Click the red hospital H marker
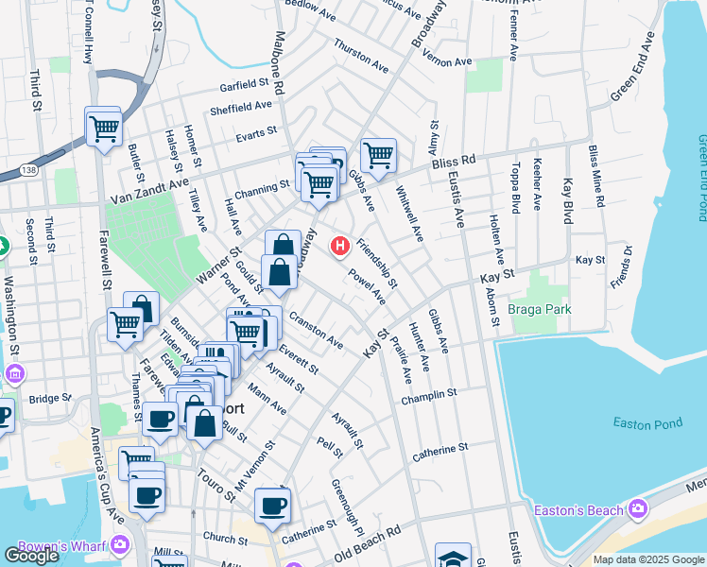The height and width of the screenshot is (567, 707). click(x=340, y=247)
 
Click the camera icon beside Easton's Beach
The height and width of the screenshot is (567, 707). click(x=638, y=511)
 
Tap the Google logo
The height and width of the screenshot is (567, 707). click(x=31, y=556)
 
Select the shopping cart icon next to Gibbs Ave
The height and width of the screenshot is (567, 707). click(x=378, y=154)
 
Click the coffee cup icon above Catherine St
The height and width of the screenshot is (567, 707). click(x=272, y=506)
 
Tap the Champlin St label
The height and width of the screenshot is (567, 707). click(x=428, y=397)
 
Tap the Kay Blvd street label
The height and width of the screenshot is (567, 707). click(x=568, y=201)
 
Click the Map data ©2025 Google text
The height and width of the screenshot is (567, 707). click(x=648, y=559)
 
